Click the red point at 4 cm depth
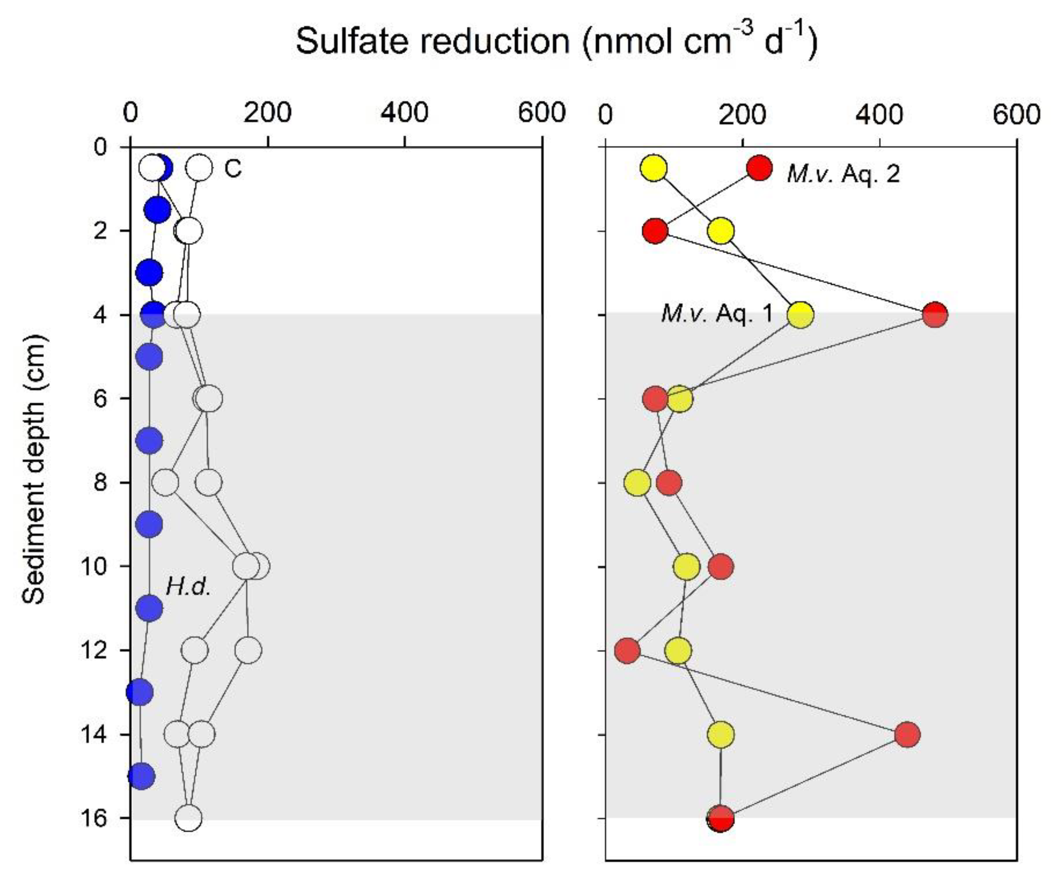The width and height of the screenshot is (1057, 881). point(935,315)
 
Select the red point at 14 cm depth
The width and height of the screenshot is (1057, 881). point(908,735)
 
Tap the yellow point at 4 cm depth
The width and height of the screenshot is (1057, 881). point(800,315)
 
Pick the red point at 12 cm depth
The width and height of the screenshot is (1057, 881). point(627,651)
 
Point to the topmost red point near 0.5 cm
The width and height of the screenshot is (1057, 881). point(759,168)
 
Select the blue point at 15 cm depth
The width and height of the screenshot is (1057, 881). point(141,776)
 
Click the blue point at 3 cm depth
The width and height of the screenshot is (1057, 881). point(149,273)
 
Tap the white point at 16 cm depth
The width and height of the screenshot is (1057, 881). point(189,818)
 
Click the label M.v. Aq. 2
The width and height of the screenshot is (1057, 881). point(843,174)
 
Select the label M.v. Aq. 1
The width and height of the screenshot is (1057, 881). point(716,313)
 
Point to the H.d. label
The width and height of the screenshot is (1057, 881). point(188,586)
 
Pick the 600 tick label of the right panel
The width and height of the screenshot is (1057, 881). point(1016,115)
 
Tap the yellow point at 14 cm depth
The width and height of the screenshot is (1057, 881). point(721,735)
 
